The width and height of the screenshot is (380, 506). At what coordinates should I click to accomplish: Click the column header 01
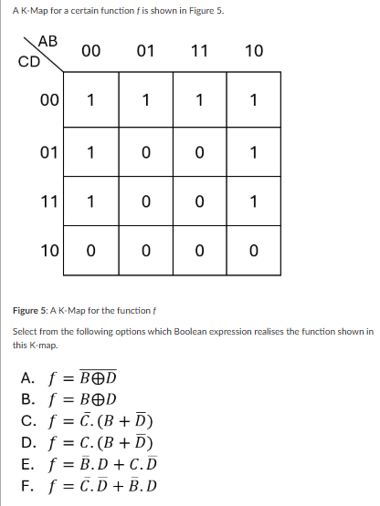(144, 51)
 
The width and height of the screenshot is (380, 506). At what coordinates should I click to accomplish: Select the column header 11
(198, 51)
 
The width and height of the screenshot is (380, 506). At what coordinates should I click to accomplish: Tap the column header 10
(253, 51)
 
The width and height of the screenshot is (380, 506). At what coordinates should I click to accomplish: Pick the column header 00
(90, 51)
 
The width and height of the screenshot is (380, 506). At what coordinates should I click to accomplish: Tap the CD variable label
(27, 64)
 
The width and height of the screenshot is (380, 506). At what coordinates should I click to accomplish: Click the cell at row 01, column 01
(144, 150)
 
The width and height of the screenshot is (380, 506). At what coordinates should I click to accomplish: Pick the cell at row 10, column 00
(90, 248)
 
